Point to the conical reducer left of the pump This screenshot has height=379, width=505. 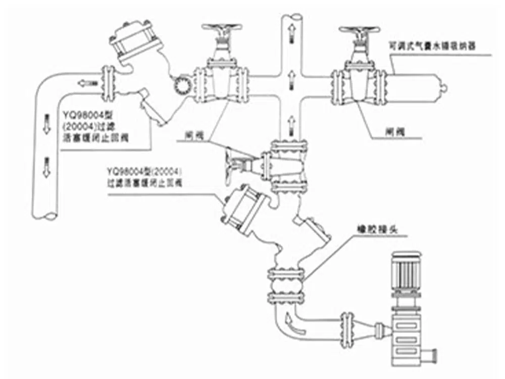pyautogui.click(x=367, y=324)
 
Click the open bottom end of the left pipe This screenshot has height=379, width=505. pyautogui.click(x=44, y=217)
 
